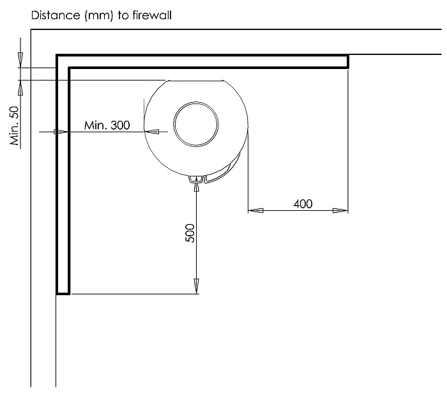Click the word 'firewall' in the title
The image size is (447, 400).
pyautogui.click(x=152, y=15)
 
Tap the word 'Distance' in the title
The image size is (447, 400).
pyautogui.click(x=56, y=15)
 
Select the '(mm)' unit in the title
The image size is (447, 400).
pyautogui.click(x=99, y=15)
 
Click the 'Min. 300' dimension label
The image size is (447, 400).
pyautogui.click(x=107, y=125)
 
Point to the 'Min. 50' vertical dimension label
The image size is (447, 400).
pyautogui.click(x=14, y=125)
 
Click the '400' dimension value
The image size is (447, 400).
pyautogui.click(x=303, y=204)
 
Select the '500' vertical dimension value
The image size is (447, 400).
pyautogui.click(x=190, y=233)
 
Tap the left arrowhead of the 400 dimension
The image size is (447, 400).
pyautogui.click(x=255, y=211)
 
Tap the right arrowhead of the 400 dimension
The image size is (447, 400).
pyautogui.click(x=340, y=211)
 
